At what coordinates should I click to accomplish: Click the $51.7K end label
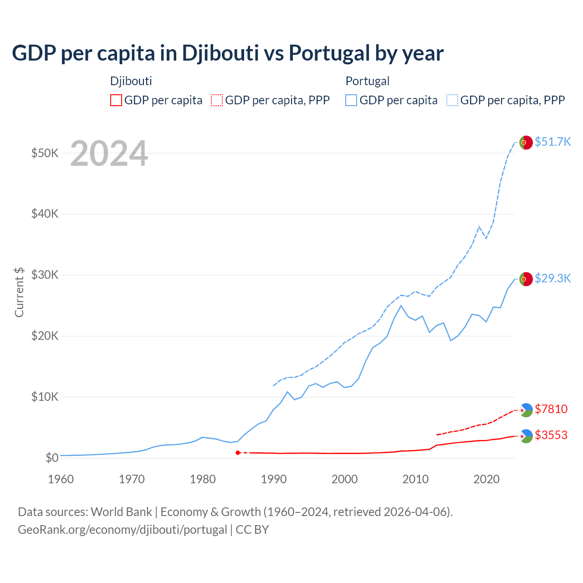coord(552,142)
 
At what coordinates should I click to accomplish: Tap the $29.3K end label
coord(552,278)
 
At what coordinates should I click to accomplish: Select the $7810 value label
coord(551,409)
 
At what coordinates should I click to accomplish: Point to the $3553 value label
coord(551,435)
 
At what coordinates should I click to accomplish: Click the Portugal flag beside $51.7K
coord(526,143)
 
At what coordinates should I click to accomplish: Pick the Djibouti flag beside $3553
coord(526,436)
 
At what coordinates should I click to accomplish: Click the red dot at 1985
coord(238,453)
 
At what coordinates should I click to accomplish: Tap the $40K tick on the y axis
coord(45,214)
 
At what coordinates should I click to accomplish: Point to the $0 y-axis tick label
coord(52,458)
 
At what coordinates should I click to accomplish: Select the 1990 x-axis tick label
coord(274,479)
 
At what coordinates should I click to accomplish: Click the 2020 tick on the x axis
coord(487,479)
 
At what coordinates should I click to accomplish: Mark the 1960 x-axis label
coord(61,479)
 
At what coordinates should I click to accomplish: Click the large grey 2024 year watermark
coord(109,153)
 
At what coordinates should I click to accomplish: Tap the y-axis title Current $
coord(19,292)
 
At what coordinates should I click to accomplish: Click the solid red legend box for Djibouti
coord(116,100)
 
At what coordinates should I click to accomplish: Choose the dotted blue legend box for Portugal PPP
coord(452,100)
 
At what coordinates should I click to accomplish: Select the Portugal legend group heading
coord(368,81)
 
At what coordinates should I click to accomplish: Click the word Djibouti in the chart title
coord(220,53)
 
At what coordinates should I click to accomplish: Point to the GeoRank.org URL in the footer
coord(122,530)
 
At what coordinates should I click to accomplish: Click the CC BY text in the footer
coord(252,530)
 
